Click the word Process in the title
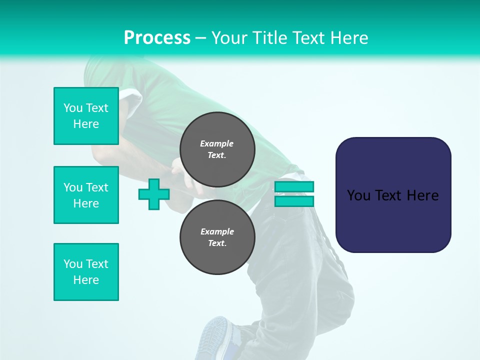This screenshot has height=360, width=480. [157, 38]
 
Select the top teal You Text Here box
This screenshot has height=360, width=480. [86, 116]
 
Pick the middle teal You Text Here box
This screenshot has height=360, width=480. [86, 195]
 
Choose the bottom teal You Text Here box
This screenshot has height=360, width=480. [86, 272]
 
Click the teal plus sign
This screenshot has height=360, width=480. [154, 194]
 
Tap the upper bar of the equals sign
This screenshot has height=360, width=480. [294, 187]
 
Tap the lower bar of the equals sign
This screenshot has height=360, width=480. [294, 201]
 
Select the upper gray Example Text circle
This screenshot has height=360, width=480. [217, 149]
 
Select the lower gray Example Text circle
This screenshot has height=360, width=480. [217, 237]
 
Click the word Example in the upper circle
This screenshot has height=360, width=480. [216, 143]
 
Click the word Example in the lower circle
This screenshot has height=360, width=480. [217, 231]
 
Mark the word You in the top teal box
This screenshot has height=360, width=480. [73, 108]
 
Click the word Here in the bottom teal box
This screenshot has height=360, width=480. [86, 280]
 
